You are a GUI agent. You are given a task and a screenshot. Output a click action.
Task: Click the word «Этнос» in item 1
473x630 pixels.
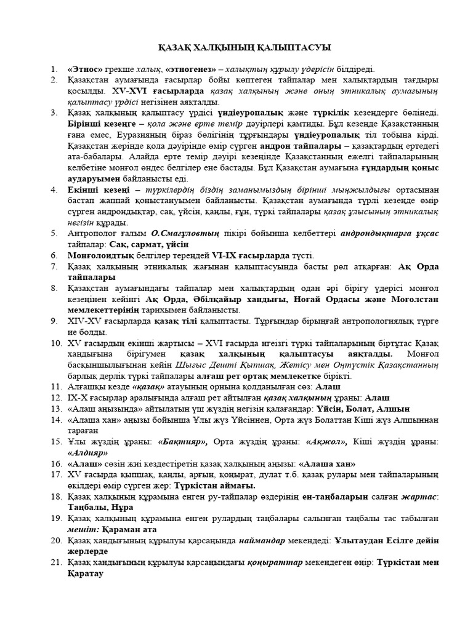tap(84, 70)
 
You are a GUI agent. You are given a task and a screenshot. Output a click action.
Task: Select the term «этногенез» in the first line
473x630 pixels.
tap(192, 70)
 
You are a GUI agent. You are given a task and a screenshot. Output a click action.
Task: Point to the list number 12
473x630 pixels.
tap(56, 397)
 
